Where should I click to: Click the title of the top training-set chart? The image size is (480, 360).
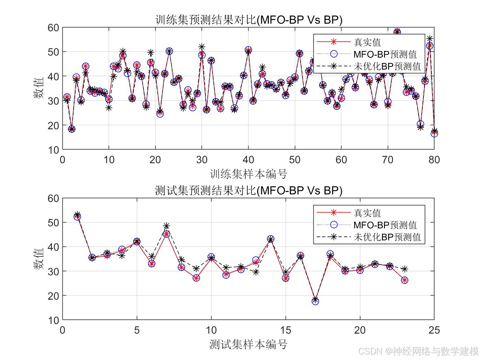click(249, 20)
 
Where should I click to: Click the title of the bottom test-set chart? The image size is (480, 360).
click(249, 190)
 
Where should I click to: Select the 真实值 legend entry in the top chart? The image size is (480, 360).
click(367, 42)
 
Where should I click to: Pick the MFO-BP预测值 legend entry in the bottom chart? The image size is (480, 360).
click(385, 225)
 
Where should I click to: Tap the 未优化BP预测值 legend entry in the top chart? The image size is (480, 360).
click(387, 66)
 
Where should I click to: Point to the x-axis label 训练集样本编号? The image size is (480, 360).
click(249, 174)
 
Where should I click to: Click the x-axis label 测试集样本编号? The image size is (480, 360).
click(249, 344)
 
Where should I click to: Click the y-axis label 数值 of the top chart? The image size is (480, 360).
click(38, 88)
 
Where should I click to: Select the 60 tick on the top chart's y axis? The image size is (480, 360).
click(53, 28)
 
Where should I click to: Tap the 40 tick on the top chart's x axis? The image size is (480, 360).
click(248, 160)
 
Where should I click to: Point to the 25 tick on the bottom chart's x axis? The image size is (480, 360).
click(434, 330)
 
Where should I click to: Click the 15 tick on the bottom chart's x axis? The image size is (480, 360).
click(285, 330)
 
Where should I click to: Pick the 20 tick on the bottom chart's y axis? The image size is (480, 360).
click(53, 296)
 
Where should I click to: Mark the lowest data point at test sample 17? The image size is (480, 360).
click(315, 301)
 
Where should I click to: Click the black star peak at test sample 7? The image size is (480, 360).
click(167, 226)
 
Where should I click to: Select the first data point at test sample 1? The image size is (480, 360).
click(77, 216)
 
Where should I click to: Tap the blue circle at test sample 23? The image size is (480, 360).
click(405, 280)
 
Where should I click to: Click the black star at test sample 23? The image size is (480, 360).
click(405, 269)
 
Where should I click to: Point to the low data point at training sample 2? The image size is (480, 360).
click(72, 129)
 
